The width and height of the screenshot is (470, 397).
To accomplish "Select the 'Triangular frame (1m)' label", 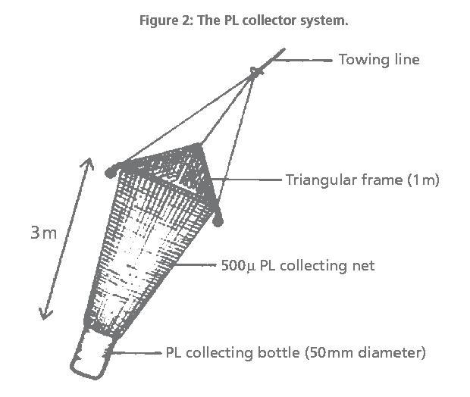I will (x=362, y=180).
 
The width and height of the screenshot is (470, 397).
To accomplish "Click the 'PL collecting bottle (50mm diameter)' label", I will (x=296, y=352).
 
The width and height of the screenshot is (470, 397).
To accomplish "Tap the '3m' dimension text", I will (x=44, y=233).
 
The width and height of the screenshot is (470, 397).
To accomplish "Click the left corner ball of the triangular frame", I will (x=112, y=170).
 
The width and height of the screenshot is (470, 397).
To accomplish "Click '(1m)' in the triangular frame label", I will (x=423, y=180).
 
